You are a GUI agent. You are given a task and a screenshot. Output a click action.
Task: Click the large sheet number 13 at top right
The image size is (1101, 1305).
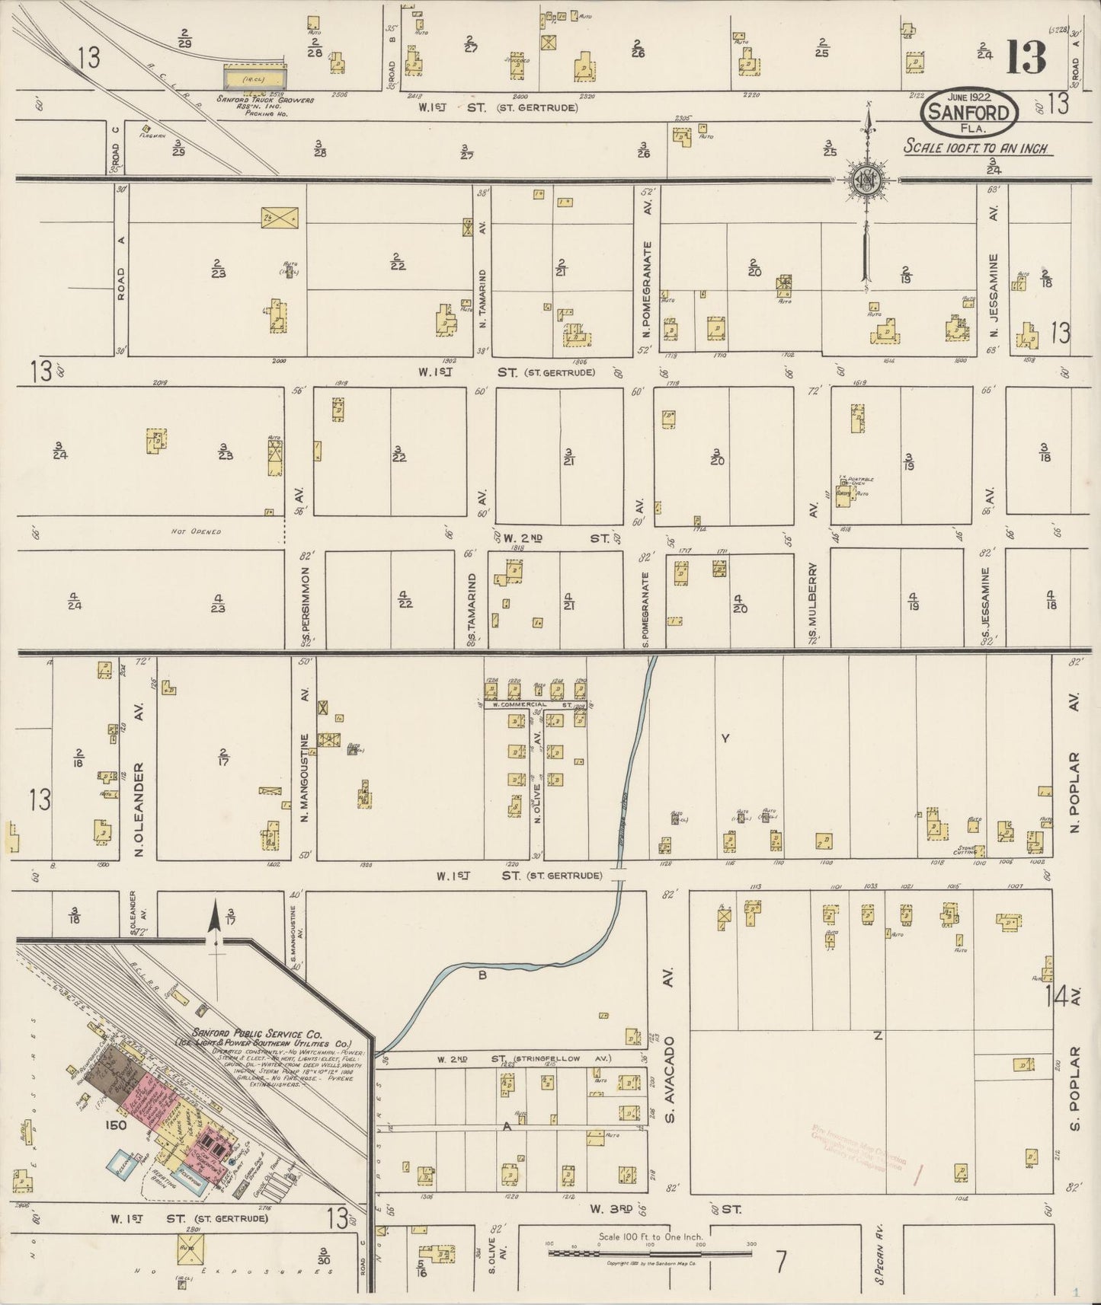coord(1025,57)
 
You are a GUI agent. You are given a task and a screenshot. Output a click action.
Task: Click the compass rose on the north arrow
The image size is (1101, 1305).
coord(867,180)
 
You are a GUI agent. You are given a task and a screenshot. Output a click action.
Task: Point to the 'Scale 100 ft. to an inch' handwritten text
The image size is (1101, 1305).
coord(975,148)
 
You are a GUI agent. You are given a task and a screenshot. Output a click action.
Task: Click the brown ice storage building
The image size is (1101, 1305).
coord(102,1065)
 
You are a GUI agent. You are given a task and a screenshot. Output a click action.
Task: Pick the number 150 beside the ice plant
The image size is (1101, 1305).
coord(116,1126)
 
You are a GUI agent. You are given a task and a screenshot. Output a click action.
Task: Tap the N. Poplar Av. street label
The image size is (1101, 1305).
coord(1075,793)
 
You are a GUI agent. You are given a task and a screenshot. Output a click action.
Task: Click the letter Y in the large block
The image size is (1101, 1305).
coord(725,738)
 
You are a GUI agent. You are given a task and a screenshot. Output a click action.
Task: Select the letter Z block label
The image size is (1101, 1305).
coord(878,1035)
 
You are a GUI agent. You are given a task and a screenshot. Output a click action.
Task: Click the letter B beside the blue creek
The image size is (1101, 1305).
coord(482,975)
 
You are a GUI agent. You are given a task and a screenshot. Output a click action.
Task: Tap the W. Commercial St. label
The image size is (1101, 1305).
coord(526,704)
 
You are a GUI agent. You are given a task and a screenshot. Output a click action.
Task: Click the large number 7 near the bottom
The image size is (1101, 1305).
coord(780,1262)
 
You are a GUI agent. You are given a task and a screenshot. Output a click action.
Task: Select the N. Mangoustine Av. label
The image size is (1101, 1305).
coord(304,777)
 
